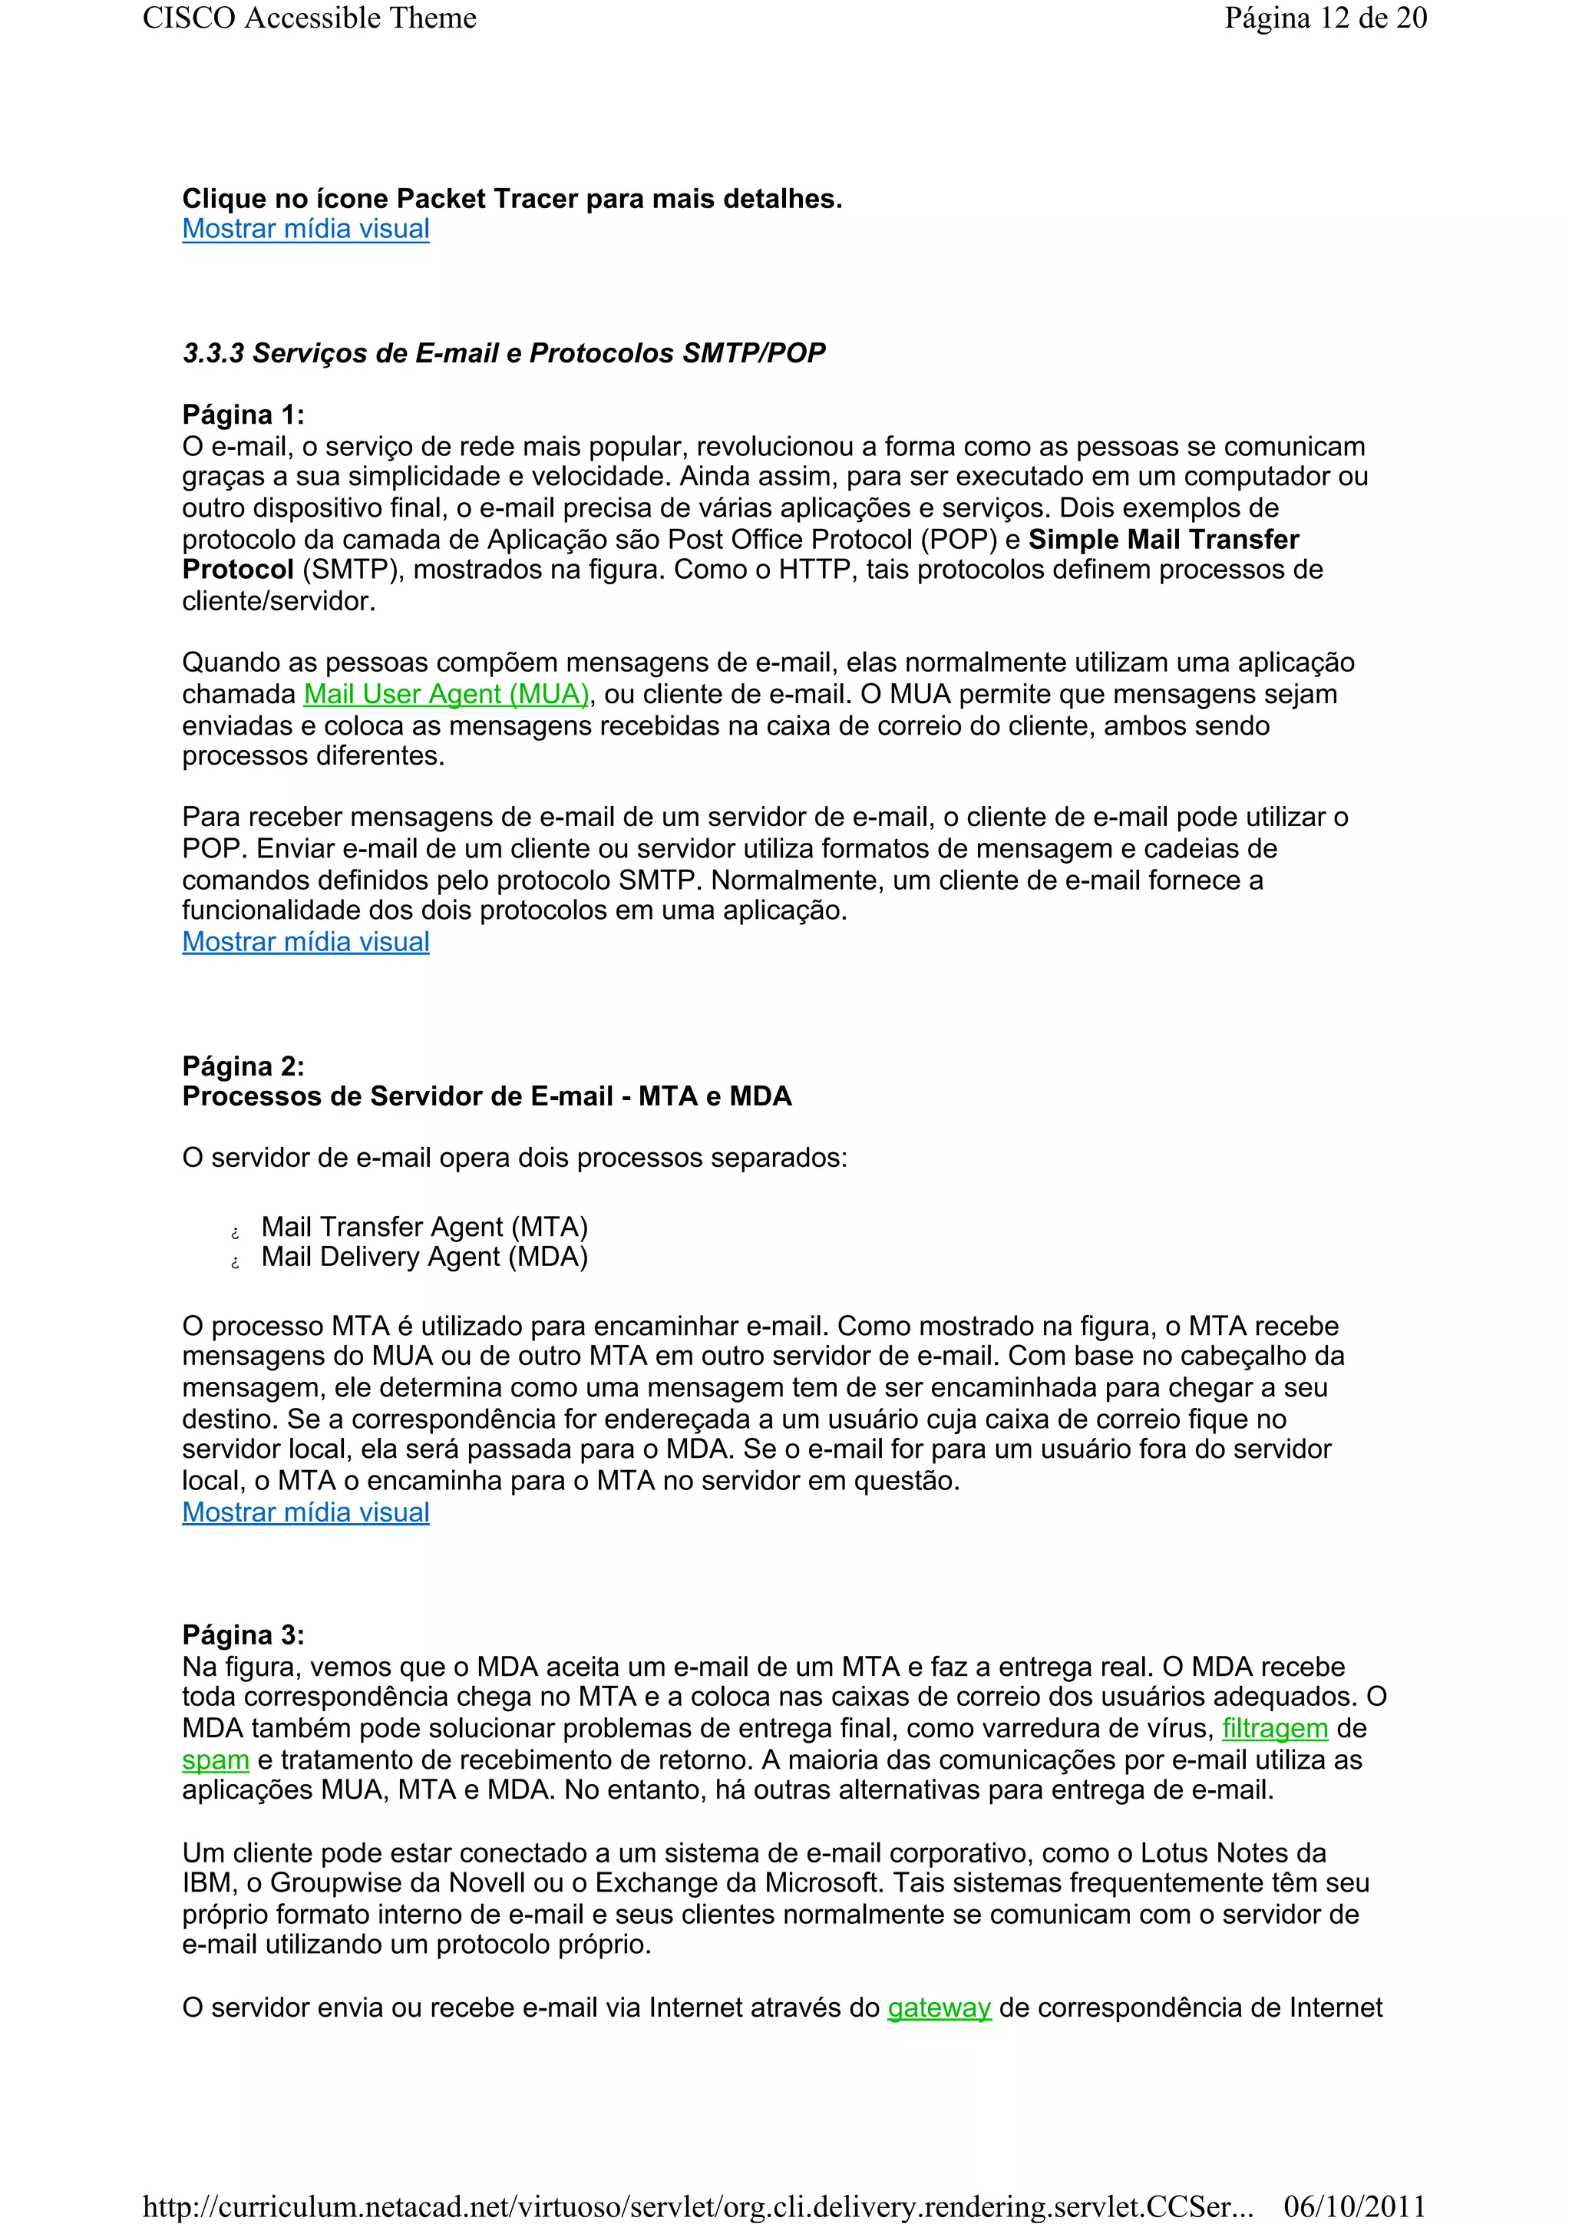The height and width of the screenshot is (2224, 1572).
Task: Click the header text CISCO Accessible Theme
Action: tap(309, 18)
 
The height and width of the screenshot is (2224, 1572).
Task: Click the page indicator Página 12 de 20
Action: tap(1324, 18)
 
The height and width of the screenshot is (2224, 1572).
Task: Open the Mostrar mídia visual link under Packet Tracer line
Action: tap(305, 230)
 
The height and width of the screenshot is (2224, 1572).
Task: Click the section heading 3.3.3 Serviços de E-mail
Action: tap(504, 354)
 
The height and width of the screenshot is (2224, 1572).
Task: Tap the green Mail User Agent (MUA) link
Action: tap(445, 695)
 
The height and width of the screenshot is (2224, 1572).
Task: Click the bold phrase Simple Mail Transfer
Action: tap(1162, 540)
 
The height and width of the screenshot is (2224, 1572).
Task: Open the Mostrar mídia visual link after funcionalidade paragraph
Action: tap(305, 943)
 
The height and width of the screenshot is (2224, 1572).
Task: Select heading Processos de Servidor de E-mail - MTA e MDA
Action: tap(486, 1096)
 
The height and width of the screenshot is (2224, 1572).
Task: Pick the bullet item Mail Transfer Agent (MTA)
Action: tap(424, 1228)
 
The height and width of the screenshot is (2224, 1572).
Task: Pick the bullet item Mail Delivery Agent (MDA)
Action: tap(424, 1257)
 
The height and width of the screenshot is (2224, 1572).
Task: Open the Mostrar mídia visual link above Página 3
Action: tap(305, 1512)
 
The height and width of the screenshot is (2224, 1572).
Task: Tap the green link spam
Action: tap(215, 1760)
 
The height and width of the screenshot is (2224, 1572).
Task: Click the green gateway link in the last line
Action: tap(939, 2008)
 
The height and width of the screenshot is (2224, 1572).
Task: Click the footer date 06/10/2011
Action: tap(1354, 2206)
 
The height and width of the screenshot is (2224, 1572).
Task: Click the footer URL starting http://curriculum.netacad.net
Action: tap(698, 2206)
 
